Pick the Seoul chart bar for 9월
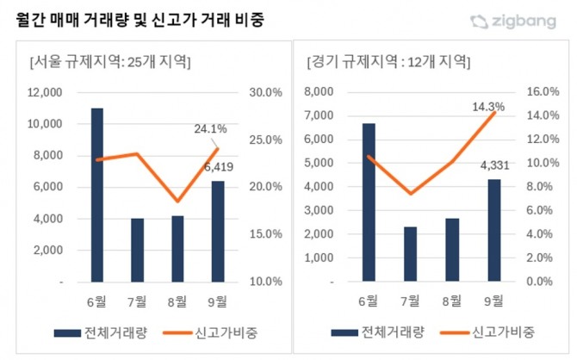point(218,231)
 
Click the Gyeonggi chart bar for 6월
point(369,202)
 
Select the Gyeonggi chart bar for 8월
point(452,250)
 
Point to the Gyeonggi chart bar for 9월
point(494,230)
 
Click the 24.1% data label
point(212,129)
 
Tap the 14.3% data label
point(489,107)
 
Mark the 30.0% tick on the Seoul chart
point(264,92)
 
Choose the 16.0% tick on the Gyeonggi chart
point(543,92)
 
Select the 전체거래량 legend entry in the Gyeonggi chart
point(369,333)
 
